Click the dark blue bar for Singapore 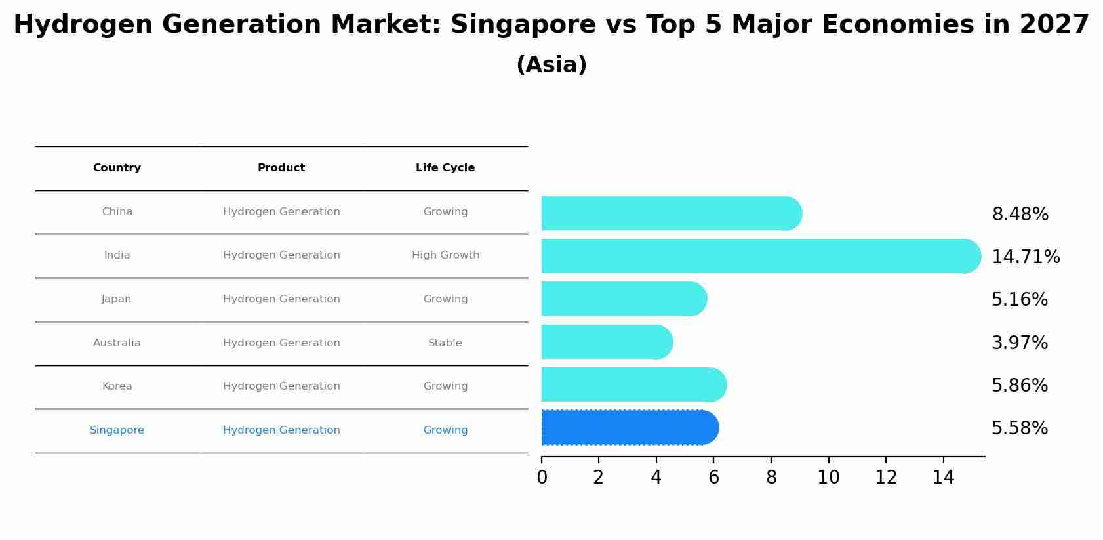click(x=630, y=428)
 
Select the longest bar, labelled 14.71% click(x=761, y=256)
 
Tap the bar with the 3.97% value click(x=607, y=342)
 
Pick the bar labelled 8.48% click(x=671, y=213)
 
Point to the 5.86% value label click(x=1019, y=386)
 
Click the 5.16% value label click(x=1019, y=300)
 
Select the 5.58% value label click(x=1019, y=428)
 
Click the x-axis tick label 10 click(x=828, y=478)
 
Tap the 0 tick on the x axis click(x=542, y=478)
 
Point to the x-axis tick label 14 click(x=943, y=478)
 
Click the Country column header click(x=117, y=168)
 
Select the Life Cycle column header click(x=445, y=168)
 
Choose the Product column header click(x=281, y=168)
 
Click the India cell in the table click(x=117, y=255)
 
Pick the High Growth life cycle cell click(x=445, y=255)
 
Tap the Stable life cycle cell click(x=445, y=343)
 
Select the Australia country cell click(x=117, y=343)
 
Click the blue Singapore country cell click(x=117, y=430)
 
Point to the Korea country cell click(x=117, y=386)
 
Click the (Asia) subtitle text click(x=551, y=65)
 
